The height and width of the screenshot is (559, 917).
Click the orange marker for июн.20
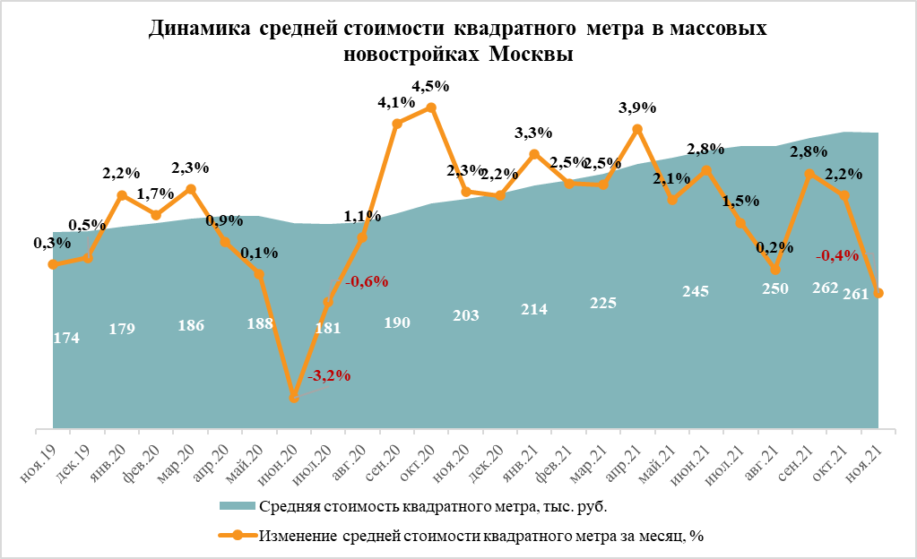293,397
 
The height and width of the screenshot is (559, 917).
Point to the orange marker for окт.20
431,107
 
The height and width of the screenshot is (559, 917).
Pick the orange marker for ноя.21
879,293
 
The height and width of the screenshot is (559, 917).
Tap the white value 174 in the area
67,338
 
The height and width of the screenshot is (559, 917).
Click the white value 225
602,303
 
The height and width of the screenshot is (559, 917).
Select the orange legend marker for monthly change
238,536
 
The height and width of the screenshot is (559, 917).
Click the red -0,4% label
837,256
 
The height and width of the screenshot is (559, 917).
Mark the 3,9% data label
638,107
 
